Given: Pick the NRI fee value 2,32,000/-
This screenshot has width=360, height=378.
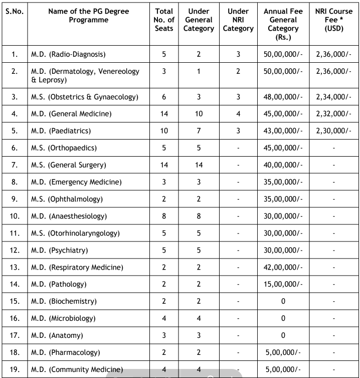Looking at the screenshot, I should [334, 114].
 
